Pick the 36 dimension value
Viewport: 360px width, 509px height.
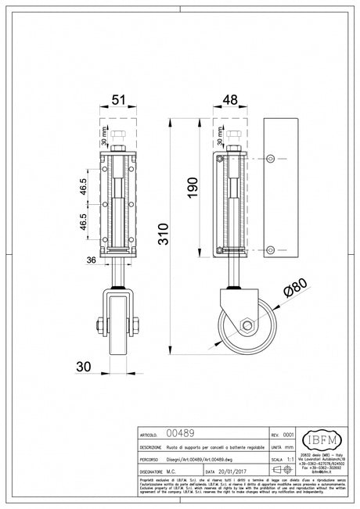(x=91, y=261)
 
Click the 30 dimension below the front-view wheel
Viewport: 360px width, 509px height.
(x=85, y=366)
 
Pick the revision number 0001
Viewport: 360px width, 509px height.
(x=288, y=432)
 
